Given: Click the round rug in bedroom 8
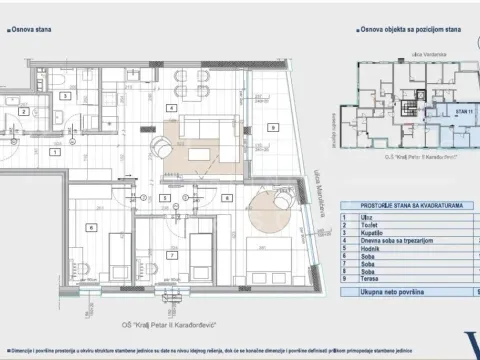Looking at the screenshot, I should (270, 212).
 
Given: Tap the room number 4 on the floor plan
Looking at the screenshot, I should (172, 107).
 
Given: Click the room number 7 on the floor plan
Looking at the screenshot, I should (172, 255).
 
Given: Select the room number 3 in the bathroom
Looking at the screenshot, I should (66, 97).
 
